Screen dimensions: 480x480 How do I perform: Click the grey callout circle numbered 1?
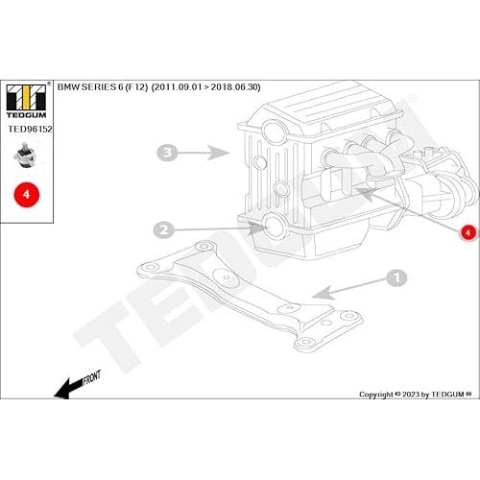(394, 277)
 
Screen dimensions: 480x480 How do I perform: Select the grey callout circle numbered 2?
(164, 229)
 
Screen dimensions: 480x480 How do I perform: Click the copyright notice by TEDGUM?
(412, 394)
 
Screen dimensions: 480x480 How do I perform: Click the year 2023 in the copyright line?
(402, 394)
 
